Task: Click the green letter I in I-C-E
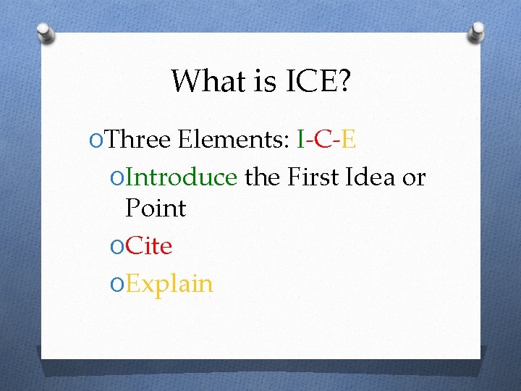pyautogui.click(x=301, y=139)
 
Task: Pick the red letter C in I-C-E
pyautogui.click(x=323, y=139)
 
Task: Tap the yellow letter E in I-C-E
pyautogui.click(x=348, y=139)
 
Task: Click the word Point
pyautogui.click(x=156, y=209)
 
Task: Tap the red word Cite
pyautogui.click(x=148, y=246)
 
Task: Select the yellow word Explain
pyautogui.click(x=169, y=284)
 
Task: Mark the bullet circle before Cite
pyautogui.click(x=115, y=247)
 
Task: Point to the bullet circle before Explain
pyautogui.click(x=115, y=284)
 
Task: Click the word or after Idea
pyautogui.click(x=414, y=177)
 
